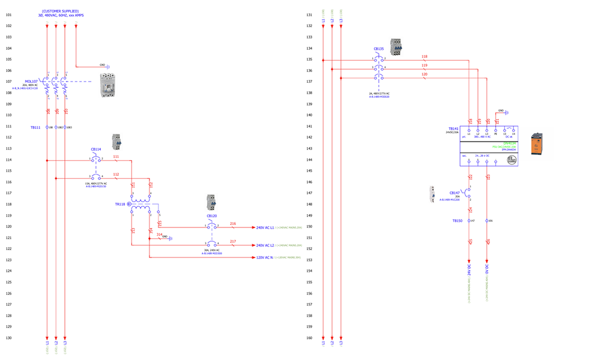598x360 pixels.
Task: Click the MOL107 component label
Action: [31, 81]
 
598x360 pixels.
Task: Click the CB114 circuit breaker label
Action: [96, 149]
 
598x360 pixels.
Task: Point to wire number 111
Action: [116, 157]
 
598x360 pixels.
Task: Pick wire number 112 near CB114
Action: [116, 175]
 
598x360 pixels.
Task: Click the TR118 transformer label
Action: [120, 204]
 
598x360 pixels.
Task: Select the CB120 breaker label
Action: [212, 215]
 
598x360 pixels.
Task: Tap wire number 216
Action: [233, 224]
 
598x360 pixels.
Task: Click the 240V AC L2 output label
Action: [265, 245]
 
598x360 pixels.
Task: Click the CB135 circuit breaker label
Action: [379, 48]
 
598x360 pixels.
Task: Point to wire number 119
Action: [424, 65]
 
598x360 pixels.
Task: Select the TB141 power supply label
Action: [453, 128]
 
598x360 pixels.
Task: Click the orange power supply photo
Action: [537, 145]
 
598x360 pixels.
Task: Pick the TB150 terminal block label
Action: [458, 221]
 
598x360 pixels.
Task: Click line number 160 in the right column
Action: [309, 338]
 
